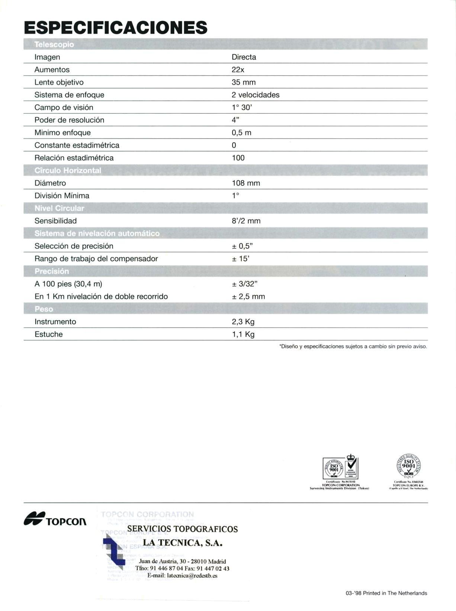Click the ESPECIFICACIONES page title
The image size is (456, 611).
point(115,28)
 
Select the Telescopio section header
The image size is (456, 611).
point(54,45)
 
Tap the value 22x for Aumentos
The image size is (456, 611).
point(238,70)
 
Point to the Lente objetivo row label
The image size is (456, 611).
point(59,82)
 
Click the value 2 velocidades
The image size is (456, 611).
point(255,95)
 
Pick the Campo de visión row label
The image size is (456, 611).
point(64,107)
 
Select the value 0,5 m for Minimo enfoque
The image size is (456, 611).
point(241,133)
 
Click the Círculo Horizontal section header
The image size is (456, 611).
point(68,170)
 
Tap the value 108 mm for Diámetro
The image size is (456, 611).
point(246,183)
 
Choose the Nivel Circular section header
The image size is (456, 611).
point(59,208)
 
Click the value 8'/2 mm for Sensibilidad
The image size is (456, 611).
point(246,221)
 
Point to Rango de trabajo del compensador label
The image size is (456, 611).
point(96,258)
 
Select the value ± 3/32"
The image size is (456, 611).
point(245,284)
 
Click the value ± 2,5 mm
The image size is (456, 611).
point(248,297)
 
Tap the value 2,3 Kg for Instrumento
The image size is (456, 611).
point(243,322)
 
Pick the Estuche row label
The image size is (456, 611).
point(48,334)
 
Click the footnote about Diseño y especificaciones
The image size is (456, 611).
point(353,347)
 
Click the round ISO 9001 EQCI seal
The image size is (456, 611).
point(408,466)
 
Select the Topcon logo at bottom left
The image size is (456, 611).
point(55,519)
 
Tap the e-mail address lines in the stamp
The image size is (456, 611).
point(182,576)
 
